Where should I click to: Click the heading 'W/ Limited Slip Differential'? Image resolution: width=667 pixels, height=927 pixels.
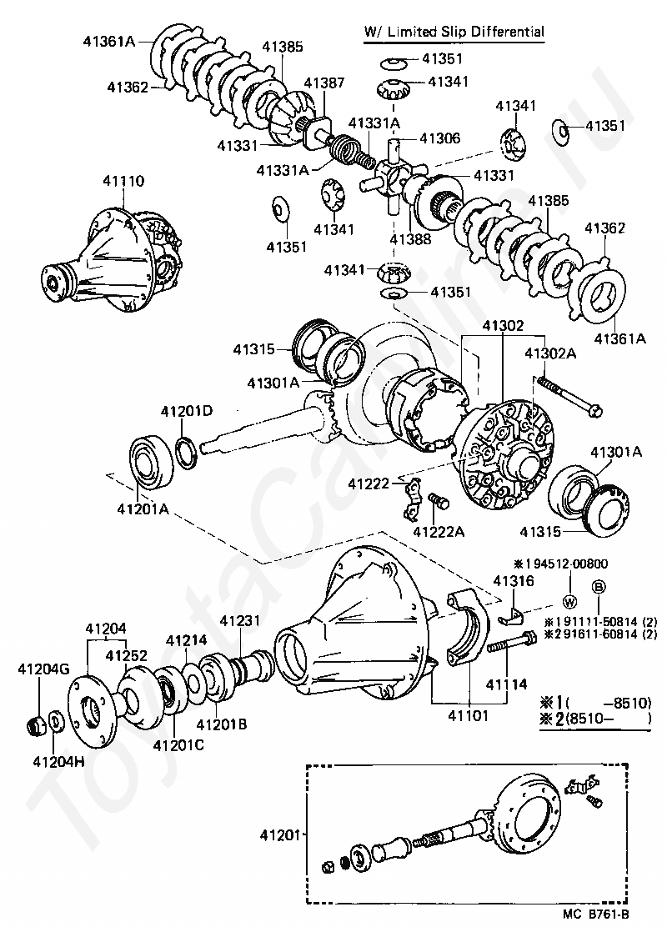(454, 32)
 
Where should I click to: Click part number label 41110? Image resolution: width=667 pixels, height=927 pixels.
(123, 181)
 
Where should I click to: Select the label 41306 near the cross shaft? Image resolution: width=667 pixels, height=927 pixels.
(440, 138)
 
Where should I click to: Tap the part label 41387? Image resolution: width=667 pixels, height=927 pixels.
(324, 83)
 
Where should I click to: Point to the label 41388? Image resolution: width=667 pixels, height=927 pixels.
(410, 239)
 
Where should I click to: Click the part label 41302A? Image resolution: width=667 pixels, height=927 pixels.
(550, 353)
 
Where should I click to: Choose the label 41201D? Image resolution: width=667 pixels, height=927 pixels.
(187, 411)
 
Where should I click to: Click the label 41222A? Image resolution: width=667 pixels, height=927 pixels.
(439, 532)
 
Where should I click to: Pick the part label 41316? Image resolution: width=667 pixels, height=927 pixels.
(514, 581)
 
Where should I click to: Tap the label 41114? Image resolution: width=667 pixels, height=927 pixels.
(506, 684)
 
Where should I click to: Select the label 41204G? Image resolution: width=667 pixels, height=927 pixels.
(43, 669)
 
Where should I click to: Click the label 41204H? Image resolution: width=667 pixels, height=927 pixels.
(58, 761)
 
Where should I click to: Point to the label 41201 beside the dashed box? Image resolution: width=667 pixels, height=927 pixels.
(280, 835)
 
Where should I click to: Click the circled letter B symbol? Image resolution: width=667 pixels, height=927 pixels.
(599, 587)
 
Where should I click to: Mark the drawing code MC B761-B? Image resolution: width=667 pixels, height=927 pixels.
(596, 914)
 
